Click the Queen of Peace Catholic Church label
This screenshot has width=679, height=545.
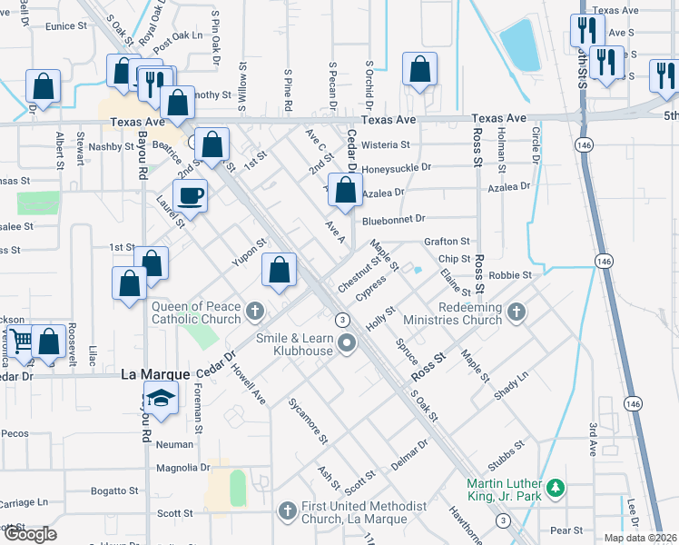(196, 312)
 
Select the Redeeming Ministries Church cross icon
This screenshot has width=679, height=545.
(517, 313)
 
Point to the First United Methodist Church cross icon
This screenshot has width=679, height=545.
(288, 510)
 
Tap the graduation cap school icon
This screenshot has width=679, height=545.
(161, 399)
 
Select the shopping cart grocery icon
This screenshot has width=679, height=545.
(22, 340)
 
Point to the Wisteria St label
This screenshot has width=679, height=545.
(386, 144)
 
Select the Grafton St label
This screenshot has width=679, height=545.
(447, 242)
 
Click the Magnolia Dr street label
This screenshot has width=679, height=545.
(182, 468)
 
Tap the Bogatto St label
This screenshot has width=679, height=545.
(113, 491)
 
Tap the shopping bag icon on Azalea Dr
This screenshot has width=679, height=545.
(345, 190)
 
